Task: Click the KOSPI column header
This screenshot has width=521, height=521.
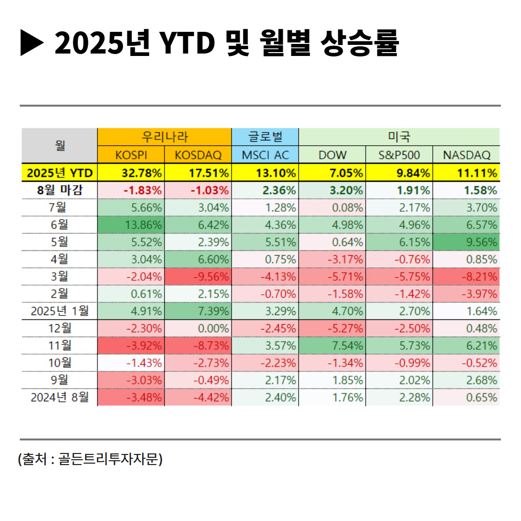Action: tap(131, 155)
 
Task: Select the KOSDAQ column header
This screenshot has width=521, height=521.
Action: tap(198, 155)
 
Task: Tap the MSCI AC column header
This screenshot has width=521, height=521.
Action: tap(265, 155)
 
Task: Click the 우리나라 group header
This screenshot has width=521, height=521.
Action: tap(165, 137)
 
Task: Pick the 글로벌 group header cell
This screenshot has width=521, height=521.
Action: tap(265, 137)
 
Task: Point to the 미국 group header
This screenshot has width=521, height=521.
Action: tap(399, 137)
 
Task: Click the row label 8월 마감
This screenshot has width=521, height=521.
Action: tap(60, 190)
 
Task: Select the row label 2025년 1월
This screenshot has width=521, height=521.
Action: tap(60, 311)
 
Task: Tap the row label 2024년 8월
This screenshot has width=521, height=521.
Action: tap(60, 398)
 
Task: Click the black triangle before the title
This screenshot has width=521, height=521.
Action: tap(32, 43)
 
